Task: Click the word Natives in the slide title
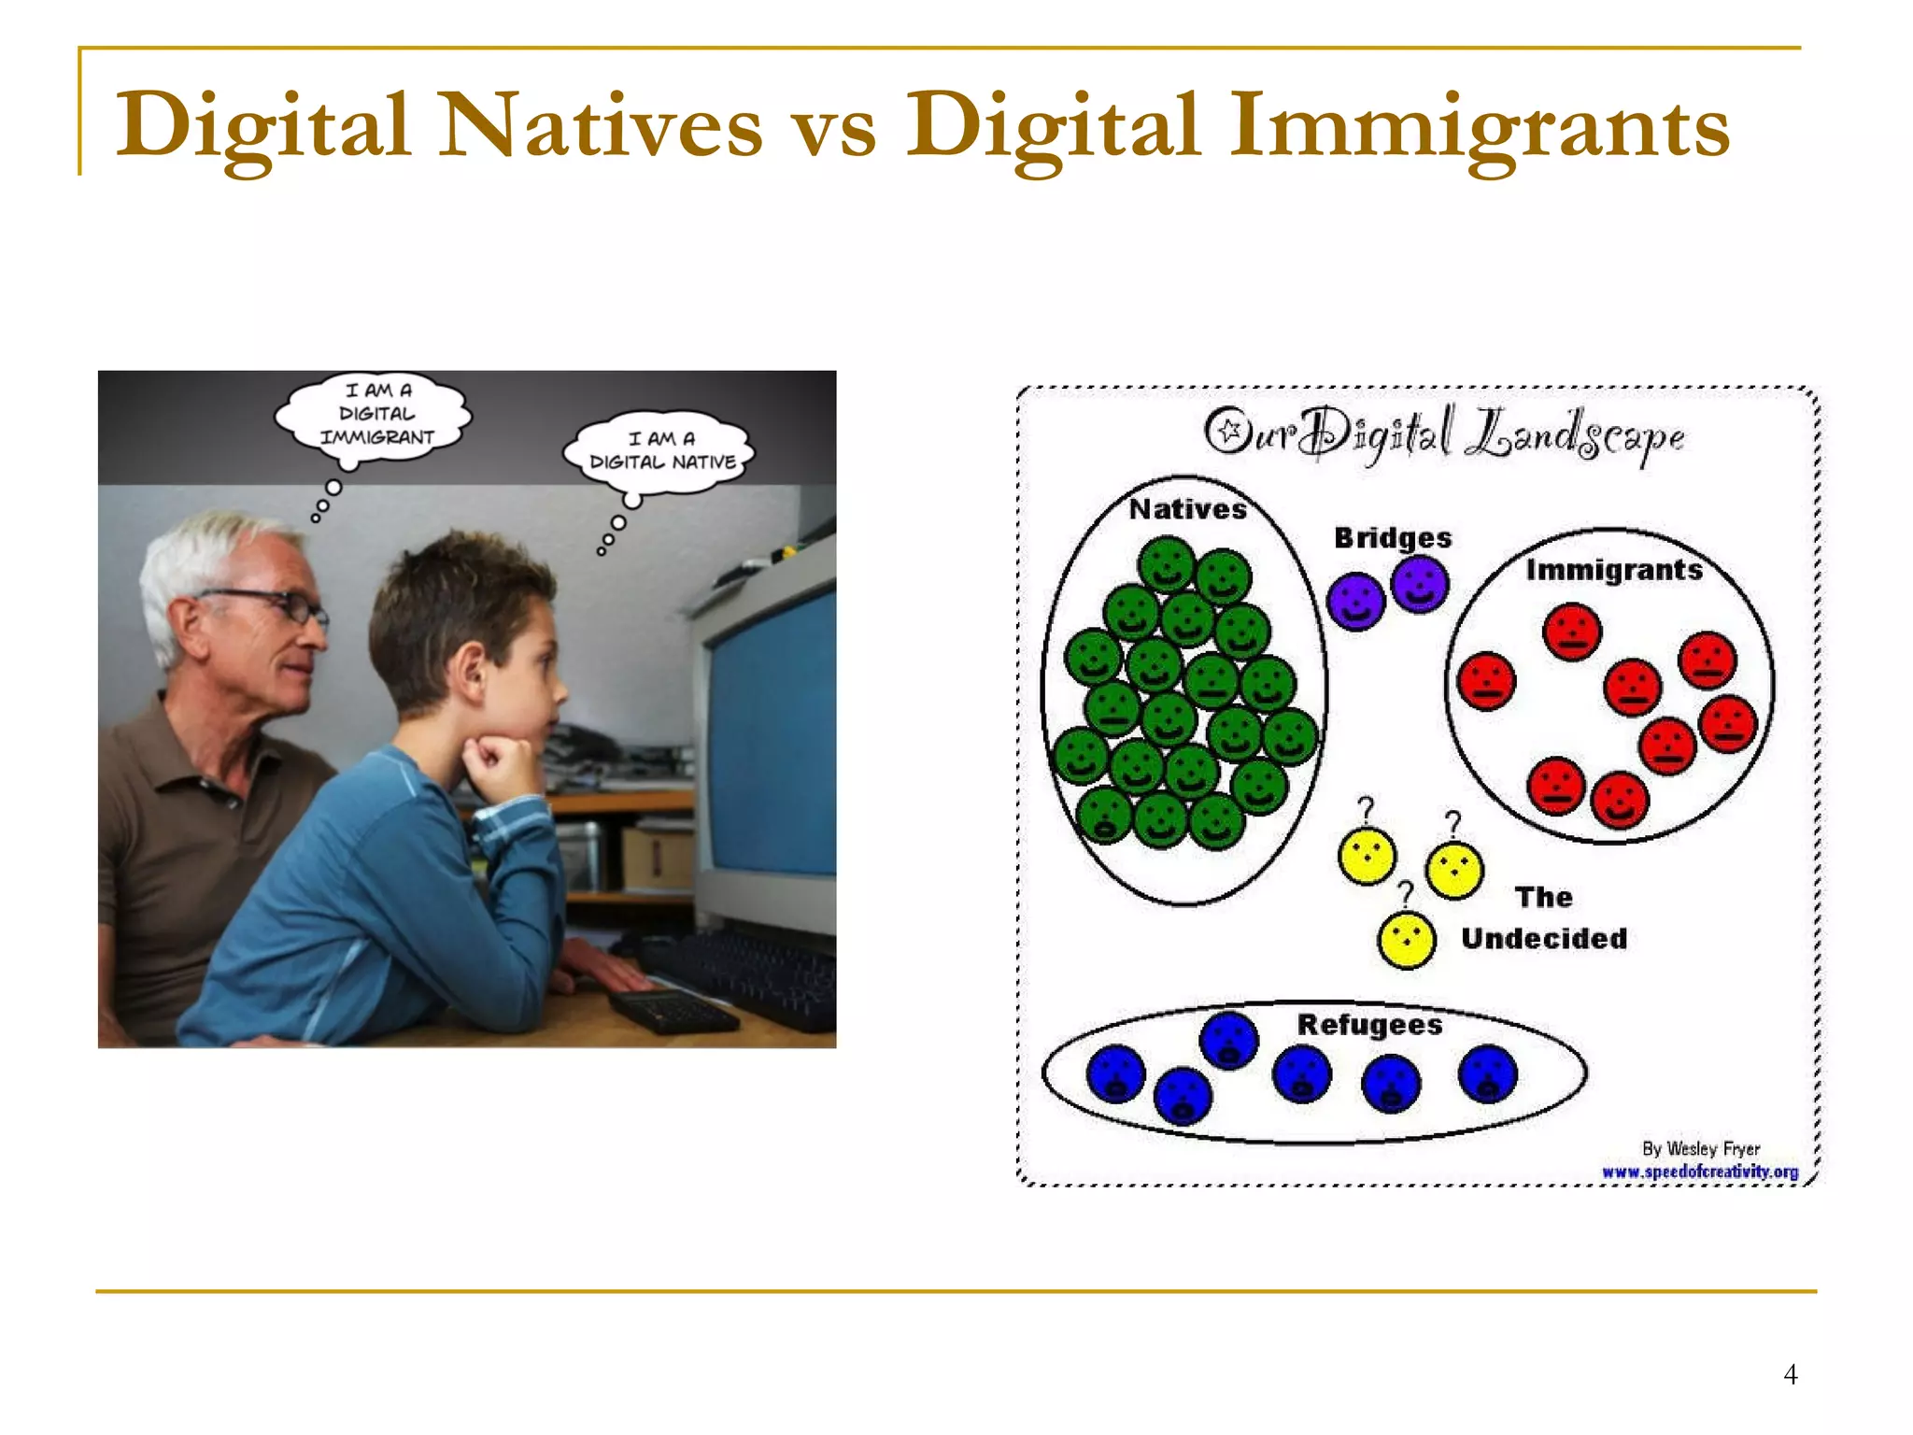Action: tap(600, 125)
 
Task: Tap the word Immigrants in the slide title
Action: tap(1479, 125)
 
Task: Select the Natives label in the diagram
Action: tap(1187, 509)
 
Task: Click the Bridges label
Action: tap(1392, 538)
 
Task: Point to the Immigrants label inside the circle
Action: tap(1614, 570)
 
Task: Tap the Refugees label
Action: tap(1369, 1025)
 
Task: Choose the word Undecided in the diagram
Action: tap(1544, 938)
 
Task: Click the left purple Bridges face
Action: tap(1355, 601)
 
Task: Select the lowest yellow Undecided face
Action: tap(1406, 940)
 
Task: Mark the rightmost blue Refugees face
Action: tap(1487, 1074)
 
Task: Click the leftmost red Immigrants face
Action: tap(1486, 681)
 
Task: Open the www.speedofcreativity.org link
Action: tap(1700, 1172)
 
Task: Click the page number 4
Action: tap(1790, 1374)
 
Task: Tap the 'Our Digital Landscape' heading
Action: tap(1444, 435)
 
